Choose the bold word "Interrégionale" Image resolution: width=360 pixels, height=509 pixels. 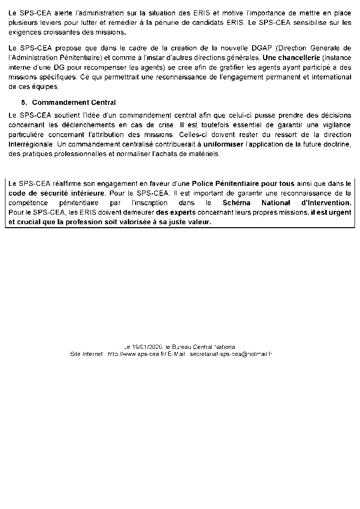(32, 144)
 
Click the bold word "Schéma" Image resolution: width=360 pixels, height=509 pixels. (238, 203)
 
